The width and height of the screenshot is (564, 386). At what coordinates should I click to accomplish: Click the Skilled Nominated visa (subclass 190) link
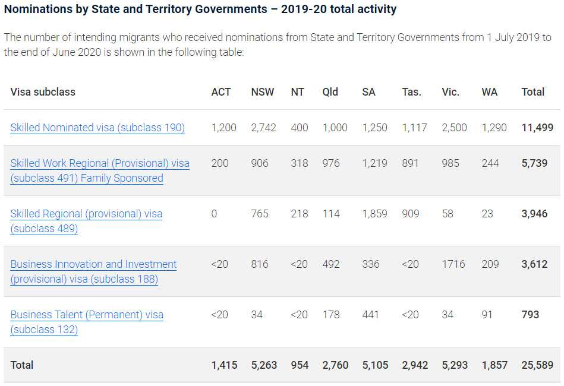[x=97, y=128]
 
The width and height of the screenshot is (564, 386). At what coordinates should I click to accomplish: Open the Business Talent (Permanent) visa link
[x=87, y=315]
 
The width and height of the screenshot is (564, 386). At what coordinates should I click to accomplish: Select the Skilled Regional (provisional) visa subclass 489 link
[x=86, y=214]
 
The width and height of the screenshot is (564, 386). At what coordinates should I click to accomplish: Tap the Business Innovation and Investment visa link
[x=93, y=264]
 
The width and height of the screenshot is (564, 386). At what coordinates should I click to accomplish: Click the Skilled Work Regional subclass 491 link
[x=100, y=163]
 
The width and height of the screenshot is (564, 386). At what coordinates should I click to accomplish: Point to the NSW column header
[x=263, y=92]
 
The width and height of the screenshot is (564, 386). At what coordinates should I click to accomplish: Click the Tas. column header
[x=411, y=92]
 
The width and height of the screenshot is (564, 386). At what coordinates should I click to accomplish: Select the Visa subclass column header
[x=43, y=92]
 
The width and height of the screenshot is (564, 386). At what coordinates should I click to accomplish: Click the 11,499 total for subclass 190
[x=537, y=128]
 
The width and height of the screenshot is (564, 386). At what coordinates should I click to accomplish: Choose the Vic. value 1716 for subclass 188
[x=453, y=264]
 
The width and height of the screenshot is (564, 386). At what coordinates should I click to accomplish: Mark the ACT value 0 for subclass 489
[x=215, y=214]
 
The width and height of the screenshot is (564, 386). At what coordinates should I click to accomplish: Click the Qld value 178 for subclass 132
[x=331, y=315]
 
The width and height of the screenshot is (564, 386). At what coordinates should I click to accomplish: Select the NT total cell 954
[x=300, y=365]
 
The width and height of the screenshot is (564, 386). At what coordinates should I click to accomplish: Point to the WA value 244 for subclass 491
[x=490, y=163]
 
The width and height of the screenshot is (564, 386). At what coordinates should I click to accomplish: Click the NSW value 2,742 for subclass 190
[x=263, y=128]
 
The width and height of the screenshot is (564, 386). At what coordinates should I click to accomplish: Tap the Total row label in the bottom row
[x=22, y=365]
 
